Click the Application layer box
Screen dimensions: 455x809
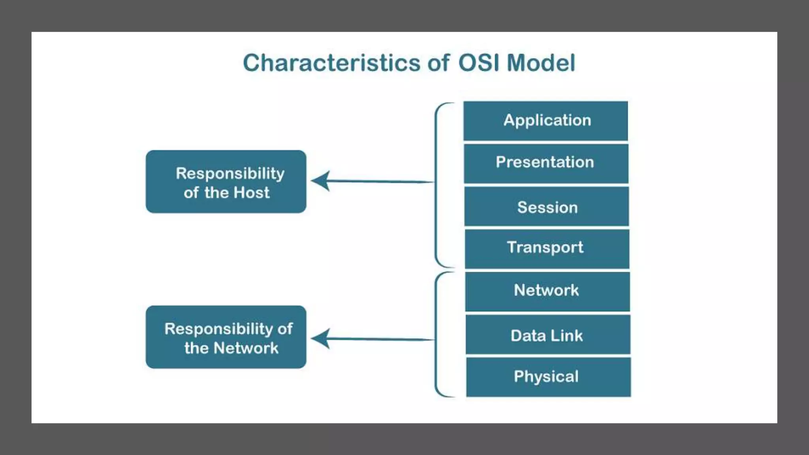546,121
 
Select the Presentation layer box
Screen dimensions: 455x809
546,163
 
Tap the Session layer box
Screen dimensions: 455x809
547,207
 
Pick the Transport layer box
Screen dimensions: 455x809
547,248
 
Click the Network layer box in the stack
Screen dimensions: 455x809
547,291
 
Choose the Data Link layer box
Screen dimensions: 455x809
547,335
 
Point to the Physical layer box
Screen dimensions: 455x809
548,377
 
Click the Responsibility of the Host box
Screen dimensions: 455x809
226,182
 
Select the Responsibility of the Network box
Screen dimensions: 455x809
226,337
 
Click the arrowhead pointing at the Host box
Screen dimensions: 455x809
321,181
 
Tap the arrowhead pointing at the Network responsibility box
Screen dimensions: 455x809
321,338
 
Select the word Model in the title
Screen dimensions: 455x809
541,63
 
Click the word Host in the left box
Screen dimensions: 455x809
252,193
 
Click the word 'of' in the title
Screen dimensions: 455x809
438,63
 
